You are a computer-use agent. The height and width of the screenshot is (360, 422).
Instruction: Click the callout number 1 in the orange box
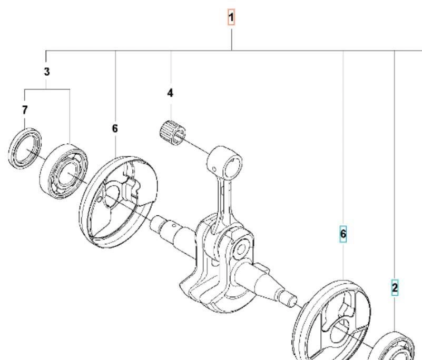[x=231, y=17]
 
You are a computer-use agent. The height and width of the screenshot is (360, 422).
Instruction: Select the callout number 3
[x=47, y=72]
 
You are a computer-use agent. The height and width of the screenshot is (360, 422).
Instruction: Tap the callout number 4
[x=170, y=93]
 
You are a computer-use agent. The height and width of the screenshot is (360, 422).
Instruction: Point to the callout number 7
[x=25, y=110]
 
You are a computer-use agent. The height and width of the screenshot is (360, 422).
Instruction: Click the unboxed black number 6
[x=115, y=128]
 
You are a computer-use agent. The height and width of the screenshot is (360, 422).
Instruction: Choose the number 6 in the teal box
[x=343, y=234]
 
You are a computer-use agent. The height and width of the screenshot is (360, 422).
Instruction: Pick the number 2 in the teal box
[x=395, y=288]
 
